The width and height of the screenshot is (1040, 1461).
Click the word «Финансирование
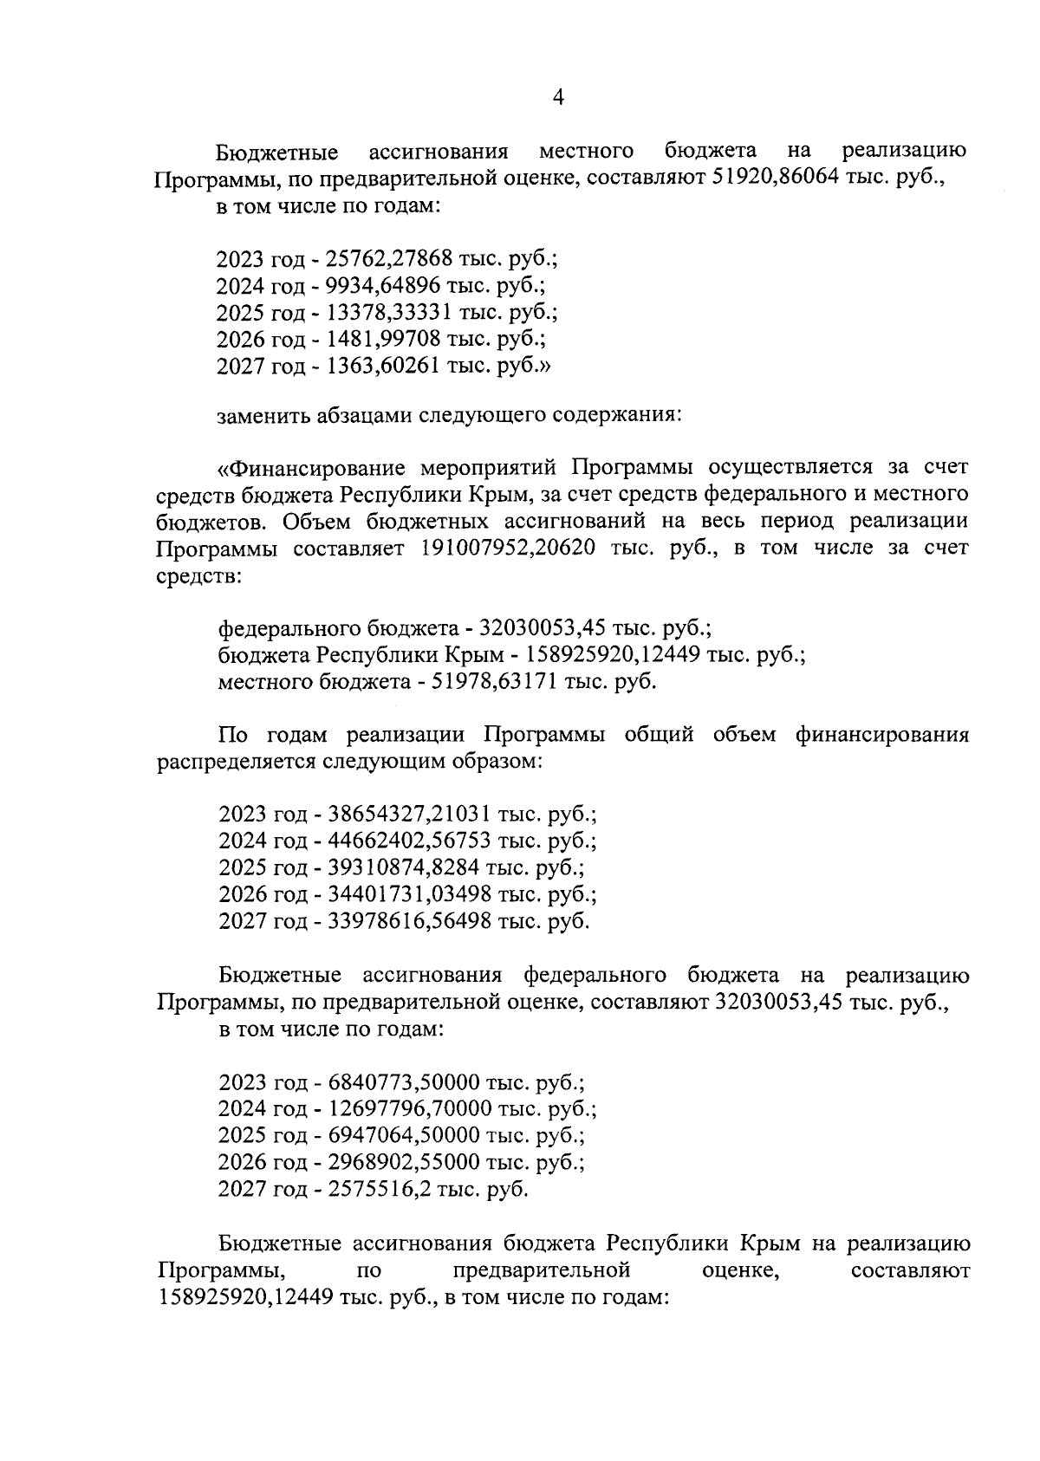click(311, 469)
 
